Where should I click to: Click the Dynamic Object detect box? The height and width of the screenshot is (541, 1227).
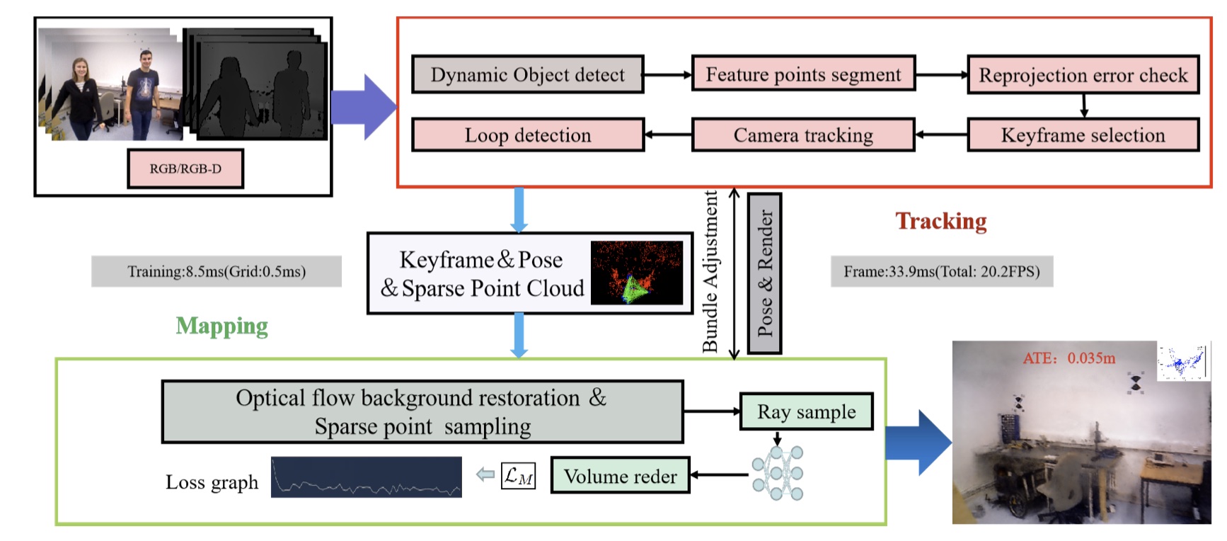pos(528,74)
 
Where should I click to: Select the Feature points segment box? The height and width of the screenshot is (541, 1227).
pos(803,74)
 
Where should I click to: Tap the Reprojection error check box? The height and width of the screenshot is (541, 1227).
pos(1083,75)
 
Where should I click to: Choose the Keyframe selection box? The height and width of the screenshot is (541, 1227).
pos(1083,135)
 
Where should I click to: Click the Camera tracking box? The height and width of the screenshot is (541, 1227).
pos(803,135)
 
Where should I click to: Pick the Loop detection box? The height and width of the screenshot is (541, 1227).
pos(528,135)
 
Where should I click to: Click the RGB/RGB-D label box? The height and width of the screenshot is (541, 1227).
pos(185,169)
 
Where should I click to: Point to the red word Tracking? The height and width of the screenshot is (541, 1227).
pos(941,221)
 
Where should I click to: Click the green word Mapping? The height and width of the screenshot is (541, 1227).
pos(221,326)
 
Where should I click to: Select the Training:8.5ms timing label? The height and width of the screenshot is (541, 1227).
pos(217,271)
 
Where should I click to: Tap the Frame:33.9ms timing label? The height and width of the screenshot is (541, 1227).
pos(942,271)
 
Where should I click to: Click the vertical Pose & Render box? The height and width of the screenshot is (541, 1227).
pos(765,273)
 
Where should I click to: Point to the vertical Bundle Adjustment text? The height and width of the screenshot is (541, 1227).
pos(710,271)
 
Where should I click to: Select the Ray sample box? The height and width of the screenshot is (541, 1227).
pos(806,411)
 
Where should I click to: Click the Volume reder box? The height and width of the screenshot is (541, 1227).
pos(620,476)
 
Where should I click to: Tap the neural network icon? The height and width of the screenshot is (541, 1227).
pos(778,473)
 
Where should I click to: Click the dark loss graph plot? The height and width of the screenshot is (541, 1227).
pos(366,477)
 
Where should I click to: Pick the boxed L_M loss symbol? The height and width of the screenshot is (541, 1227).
pos(518,476)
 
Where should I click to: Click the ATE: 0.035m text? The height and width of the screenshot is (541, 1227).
pos(1068,358)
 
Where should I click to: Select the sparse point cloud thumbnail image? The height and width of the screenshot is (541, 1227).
pos(637,273)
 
